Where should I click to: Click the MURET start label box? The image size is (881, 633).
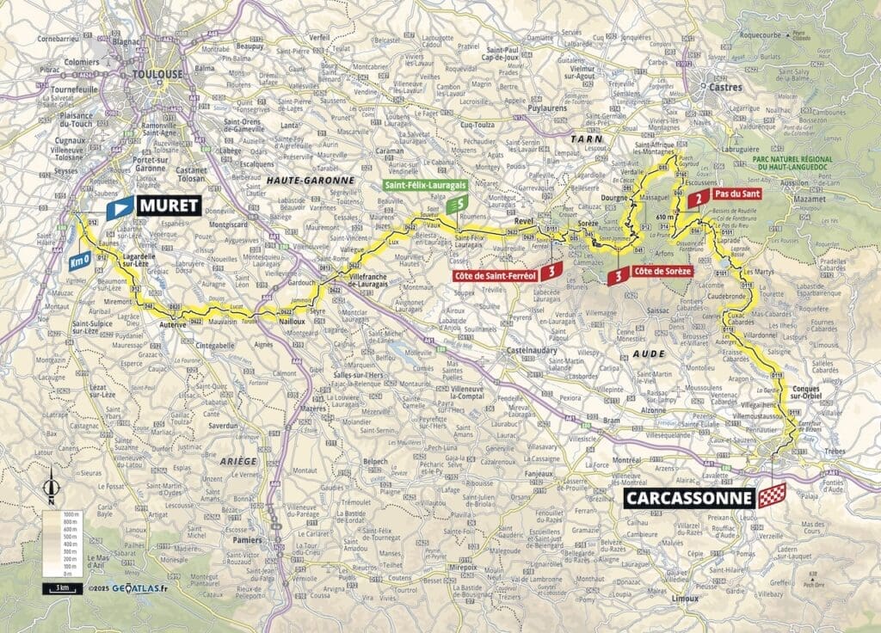[168, 206]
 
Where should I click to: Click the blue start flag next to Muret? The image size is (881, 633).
[119, 206]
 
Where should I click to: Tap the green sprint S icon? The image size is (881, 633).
[458, 205]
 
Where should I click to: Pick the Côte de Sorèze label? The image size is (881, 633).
[662, 272]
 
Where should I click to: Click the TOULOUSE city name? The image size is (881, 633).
[158, 75]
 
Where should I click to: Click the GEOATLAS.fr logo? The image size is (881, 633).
[128, 589]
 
